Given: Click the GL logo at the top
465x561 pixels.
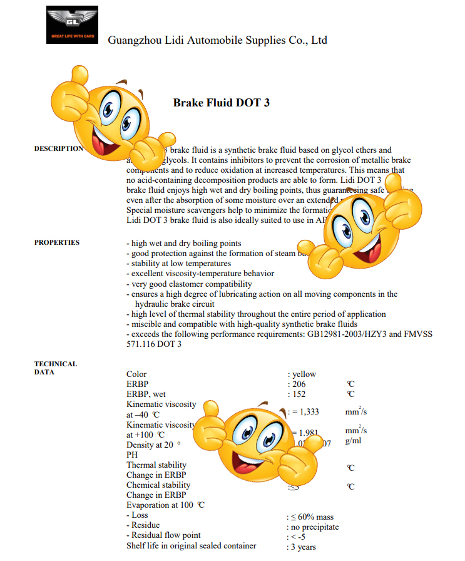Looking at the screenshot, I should pos(72,24).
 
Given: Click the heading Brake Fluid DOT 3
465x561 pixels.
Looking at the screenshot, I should pos(222,102).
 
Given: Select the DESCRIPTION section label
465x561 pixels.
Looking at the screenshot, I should pos(58,148).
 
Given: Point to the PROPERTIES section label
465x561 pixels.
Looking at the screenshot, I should pos(57,242).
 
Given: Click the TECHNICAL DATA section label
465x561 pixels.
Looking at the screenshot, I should pos(56,368).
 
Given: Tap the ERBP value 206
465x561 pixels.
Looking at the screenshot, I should pos(299,384).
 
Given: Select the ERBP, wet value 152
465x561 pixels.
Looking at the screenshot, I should pos(299,394).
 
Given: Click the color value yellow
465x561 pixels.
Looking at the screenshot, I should pos(304,374).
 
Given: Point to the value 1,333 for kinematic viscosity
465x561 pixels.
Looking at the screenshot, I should pos(305,411).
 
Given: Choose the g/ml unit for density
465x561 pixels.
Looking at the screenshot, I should pos(353,441).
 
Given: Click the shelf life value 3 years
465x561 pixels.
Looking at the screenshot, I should pos(304,547).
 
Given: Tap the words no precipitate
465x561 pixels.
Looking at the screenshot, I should pos(315,527).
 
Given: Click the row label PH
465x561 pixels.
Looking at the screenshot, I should pos(132,455).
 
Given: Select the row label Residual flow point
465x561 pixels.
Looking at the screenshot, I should pos(166,535).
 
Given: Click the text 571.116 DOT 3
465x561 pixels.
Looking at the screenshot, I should pos(154,344).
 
